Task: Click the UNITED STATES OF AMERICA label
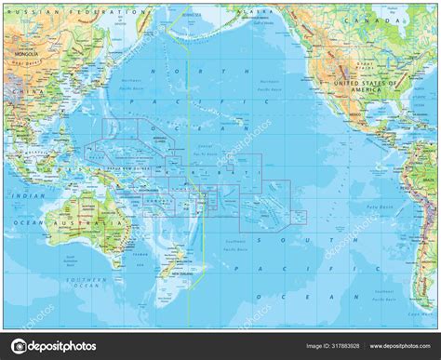[x=377, y=85]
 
